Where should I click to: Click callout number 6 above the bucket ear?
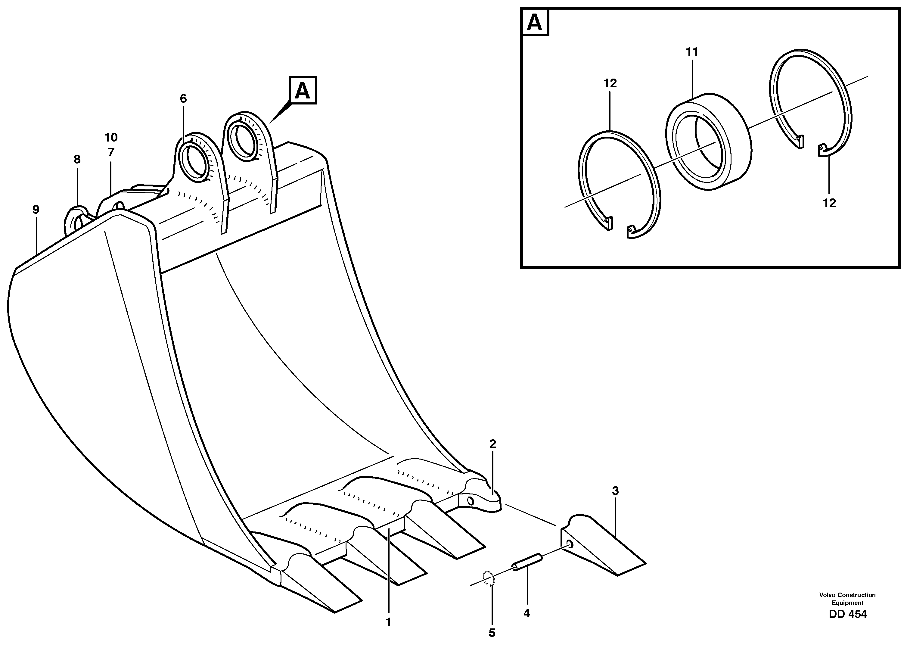coord(183,98)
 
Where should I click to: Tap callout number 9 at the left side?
coord(36,210)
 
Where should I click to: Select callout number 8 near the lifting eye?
coord(77,160)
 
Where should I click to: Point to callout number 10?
coord(111,138)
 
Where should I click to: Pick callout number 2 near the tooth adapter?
coord(492,444)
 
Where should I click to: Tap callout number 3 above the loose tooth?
coord(615,491)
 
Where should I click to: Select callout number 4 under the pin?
coord(526,614)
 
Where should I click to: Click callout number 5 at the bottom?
coord(492,633)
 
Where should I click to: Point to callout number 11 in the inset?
coord(692,52)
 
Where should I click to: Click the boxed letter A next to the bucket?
coord(302,91)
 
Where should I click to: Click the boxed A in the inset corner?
coord(534,22)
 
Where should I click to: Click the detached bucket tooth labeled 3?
coord(602,547)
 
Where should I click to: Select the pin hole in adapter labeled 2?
coord(470,501)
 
